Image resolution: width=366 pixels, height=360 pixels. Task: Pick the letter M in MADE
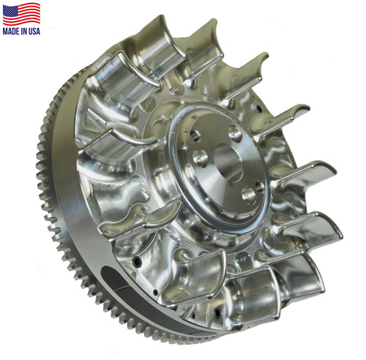coord(6,31)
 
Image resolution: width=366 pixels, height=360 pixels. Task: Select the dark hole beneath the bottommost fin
coord(209,322)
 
